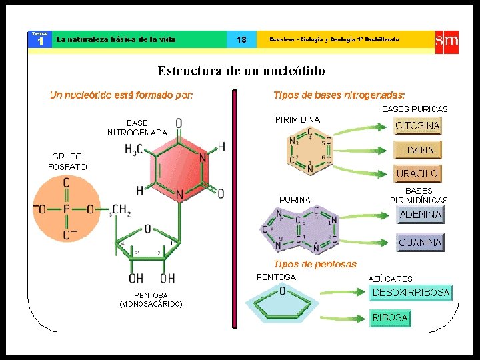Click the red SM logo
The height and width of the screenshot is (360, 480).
point(446,40)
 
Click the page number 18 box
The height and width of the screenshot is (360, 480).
point(241,40)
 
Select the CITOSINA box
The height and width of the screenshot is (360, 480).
point(418,126)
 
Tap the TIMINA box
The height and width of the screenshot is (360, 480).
point(418,150)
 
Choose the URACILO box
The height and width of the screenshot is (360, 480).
point(418,173)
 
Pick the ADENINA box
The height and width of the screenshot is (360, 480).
point(420,215)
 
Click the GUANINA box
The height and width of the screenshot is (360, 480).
point(420,243)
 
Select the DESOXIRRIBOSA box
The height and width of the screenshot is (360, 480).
point(411,293)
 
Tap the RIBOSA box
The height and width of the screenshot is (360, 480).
point(390,318)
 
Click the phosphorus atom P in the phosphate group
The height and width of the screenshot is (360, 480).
point(67,209)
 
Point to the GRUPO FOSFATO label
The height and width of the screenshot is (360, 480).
point(67,162)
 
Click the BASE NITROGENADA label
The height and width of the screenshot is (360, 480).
point(137,127)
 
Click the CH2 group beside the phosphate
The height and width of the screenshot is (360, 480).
point(121,210)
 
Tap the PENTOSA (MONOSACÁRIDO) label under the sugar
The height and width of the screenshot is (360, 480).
point(151,299)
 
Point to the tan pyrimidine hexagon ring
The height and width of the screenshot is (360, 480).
point(310,152)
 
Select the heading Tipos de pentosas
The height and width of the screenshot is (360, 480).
point(315,264)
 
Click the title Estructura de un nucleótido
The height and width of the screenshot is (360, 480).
point(241,70)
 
